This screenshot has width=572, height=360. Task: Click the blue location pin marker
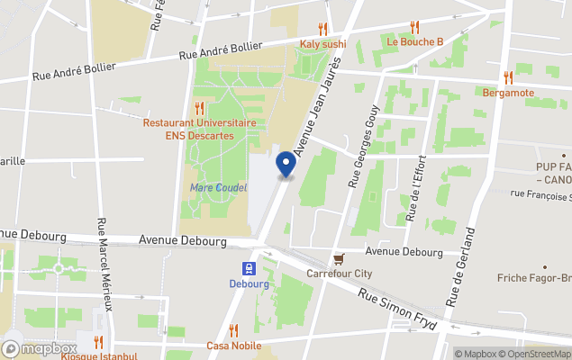[x=286, y=165]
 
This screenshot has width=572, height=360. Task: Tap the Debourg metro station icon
[x=250, y=267]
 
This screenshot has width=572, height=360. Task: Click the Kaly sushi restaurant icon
[x=322, y=29]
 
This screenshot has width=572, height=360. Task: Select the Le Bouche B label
[x=415, y=41]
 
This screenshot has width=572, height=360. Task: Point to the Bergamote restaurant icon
[x=508, y=77]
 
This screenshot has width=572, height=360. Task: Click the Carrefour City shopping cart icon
[x=339, y=258]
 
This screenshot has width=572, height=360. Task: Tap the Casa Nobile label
[x=233, y=346]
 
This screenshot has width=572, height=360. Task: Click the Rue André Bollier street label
[x=221, y=50]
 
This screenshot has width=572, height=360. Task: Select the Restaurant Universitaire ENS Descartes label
[x=199, y=129]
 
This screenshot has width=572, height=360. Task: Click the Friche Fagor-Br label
[x=534, y=278]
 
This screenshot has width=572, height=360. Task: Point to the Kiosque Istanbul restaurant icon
[x=98, y=341]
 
